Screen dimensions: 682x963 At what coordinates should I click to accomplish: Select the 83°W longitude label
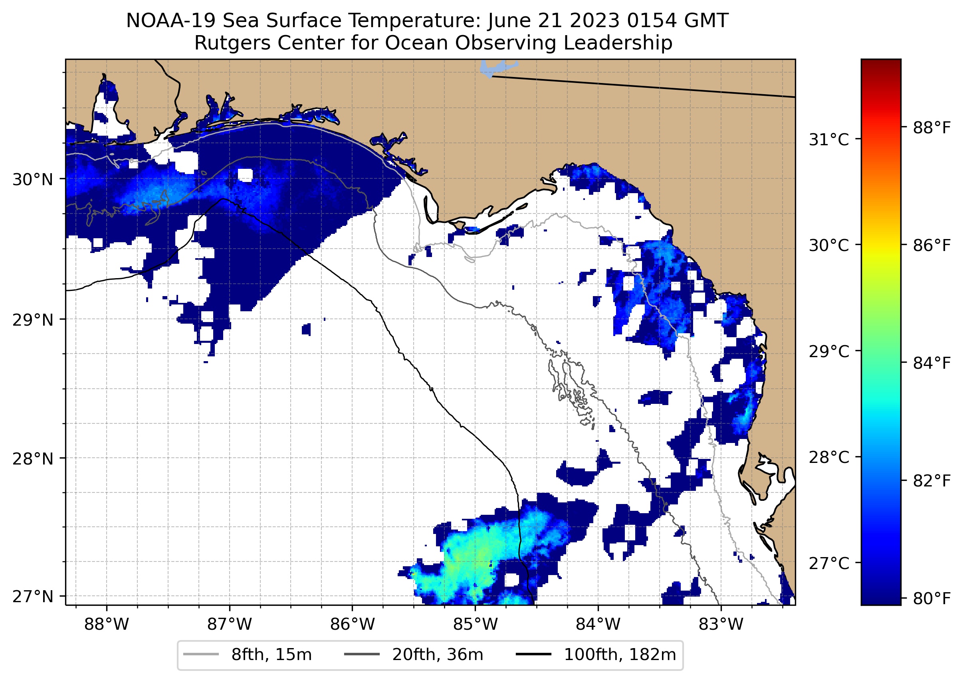click(x=721, y=625)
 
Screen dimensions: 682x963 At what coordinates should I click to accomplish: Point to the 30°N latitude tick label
click(x=33, y=180)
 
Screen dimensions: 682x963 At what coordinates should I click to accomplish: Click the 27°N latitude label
click(x=33, y=596)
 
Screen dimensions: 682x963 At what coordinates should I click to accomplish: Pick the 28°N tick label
click(x=33, y=459)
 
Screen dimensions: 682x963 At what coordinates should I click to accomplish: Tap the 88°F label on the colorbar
click(x=932, y=128)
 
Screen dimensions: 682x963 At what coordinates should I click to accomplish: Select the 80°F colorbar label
click(x=932, y=598)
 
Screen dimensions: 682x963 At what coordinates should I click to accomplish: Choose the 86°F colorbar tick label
click(x=932, y=245)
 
